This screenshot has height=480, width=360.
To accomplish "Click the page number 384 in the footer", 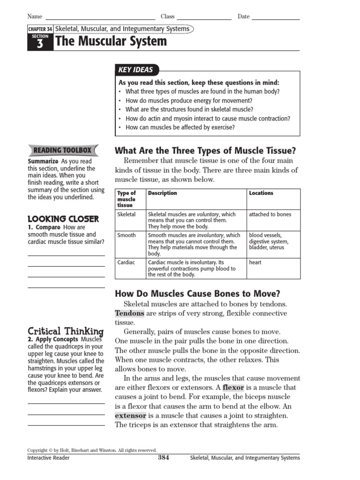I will [x=163, y=457].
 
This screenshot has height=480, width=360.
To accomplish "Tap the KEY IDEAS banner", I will [x=136, y=70].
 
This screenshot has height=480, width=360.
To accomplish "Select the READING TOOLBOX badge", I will [x=62, y=150].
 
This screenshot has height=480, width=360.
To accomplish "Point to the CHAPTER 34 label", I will [x=40, y=29].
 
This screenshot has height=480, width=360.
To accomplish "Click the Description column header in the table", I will [x=163, y=193].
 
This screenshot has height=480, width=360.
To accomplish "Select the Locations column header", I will [x=261, y=193].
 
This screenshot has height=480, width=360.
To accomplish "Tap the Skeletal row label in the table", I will [x=127, y=214].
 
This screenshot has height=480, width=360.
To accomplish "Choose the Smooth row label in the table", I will [x=127, y=235].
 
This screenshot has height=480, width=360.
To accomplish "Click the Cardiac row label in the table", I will [x=126, y=262].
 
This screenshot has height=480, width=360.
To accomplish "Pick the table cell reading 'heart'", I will [x=255, y=262].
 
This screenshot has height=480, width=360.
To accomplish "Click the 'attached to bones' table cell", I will [x=270, y=214].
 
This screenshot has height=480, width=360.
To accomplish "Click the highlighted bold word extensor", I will [x=131, y=416].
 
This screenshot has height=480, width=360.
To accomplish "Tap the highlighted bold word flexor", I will [x=233, y=388].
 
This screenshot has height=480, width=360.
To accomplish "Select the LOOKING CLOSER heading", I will [x=63, y=219].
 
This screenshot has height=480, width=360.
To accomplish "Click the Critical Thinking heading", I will [x=66, y=331].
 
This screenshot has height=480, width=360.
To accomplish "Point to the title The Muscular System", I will [x=111, y=42].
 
